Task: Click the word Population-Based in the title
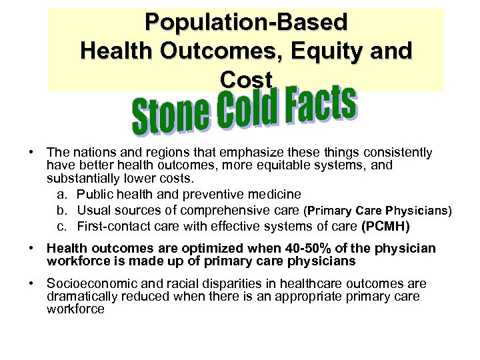[x=246, y=22]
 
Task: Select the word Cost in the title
[x=246, y=80]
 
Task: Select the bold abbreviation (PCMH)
[x=385, y=227]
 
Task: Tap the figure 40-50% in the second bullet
[x=288, y=249]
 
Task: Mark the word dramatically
[x=81, y=296]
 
